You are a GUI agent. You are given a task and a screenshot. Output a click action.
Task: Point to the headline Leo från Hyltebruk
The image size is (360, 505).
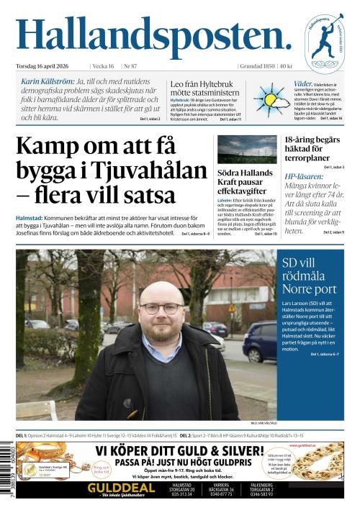click(x=203, y=88)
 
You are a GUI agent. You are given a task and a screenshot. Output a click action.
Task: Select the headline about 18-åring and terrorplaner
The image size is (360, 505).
click(x=312, y=149)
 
